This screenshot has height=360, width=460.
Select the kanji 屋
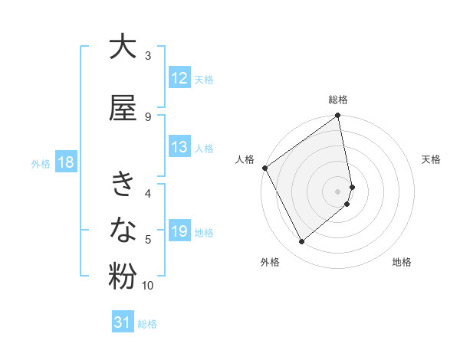coord(123,109)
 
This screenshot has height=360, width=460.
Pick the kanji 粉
coord(123,277)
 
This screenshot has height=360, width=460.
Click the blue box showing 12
coord(179,78)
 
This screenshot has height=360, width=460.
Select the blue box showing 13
coord(179,147)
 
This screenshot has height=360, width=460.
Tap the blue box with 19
coord(179,231)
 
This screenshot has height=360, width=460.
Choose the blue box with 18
coord(65,162)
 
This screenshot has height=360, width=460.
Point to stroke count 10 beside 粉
coord(148,286)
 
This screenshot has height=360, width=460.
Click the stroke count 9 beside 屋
coord(148,116)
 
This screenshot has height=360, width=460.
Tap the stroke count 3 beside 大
coord(148,55)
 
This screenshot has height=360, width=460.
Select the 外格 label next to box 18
coord(41,163)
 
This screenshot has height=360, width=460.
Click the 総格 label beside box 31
coord(147,324)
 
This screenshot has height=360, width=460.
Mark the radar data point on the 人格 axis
coord(264,168)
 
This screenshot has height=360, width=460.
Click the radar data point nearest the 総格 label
coord(338,116)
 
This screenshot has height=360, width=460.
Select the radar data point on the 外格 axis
coord(301,242)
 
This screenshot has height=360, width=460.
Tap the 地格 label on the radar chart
coord(402,263)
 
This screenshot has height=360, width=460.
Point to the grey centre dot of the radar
coord(338,191)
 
